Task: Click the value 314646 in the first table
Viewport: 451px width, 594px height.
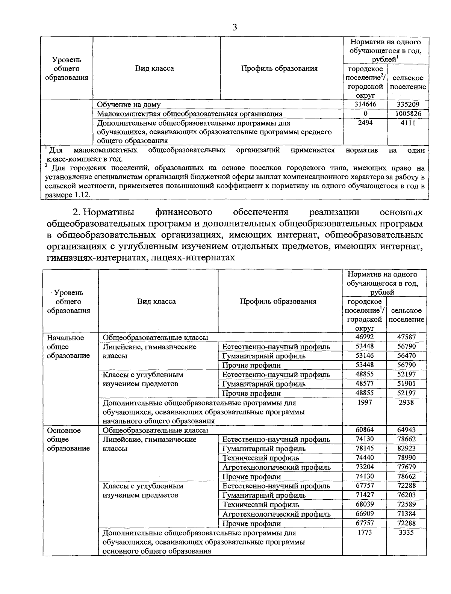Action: click(365, 104)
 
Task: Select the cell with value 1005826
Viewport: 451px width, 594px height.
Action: click(408, 113)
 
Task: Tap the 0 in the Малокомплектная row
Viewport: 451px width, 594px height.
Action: click(365, 113)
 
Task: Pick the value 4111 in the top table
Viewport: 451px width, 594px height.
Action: click(408, 123)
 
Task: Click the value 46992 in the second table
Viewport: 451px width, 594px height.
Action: click(364, 337)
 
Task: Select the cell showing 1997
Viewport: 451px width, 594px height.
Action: click(364, 402)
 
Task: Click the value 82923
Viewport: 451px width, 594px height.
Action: click(406, 448)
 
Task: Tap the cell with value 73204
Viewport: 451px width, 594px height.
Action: click(364, 467)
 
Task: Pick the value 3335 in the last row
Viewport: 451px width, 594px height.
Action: click(406, 532)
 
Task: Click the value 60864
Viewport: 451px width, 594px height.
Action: click(364, 430)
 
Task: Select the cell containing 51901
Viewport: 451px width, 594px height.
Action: click(406, 384)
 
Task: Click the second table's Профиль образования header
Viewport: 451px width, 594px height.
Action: click(278, 301)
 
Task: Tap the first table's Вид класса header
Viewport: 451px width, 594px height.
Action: click(154, 68)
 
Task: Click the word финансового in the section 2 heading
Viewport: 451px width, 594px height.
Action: click(184, 212)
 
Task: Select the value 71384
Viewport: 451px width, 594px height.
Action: click(406, 514)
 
